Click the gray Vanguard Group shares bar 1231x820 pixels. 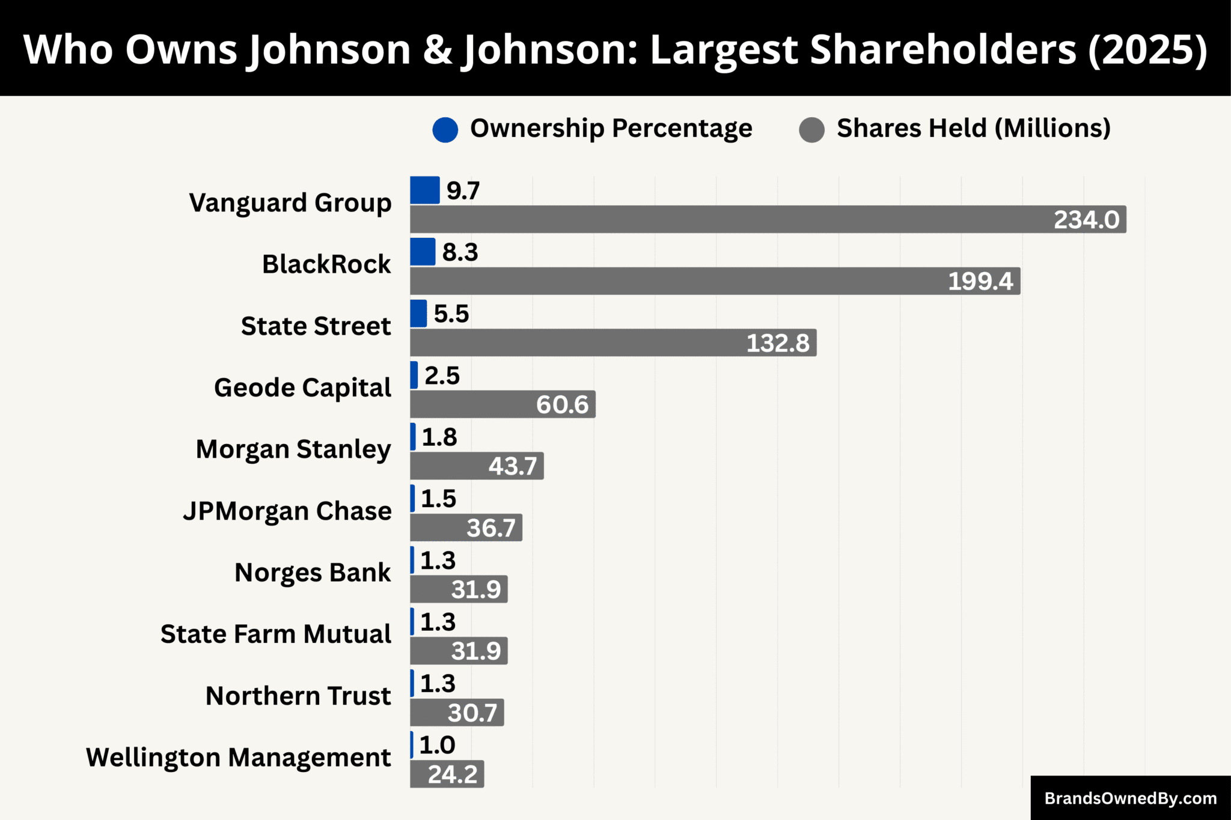(721, 219)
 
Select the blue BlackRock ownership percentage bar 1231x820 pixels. (423, 252)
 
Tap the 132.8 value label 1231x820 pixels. (778, 343)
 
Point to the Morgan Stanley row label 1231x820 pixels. (293, 449)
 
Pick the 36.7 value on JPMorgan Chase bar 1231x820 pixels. (491, 528)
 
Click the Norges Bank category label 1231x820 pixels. (313, 572)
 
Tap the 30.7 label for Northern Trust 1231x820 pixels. (472, 713)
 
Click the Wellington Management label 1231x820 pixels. (239, 758)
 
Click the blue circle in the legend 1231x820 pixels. (445, 129)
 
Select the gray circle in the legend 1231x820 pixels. (811, 129)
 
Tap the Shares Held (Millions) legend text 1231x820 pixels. (973, 129)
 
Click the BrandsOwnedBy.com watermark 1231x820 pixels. (1131, 798)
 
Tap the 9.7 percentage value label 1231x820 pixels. (463, 191)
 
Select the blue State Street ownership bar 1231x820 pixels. (418, 314)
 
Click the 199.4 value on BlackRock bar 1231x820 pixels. (980, 281)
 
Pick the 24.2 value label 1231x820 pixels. (453, 774)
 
